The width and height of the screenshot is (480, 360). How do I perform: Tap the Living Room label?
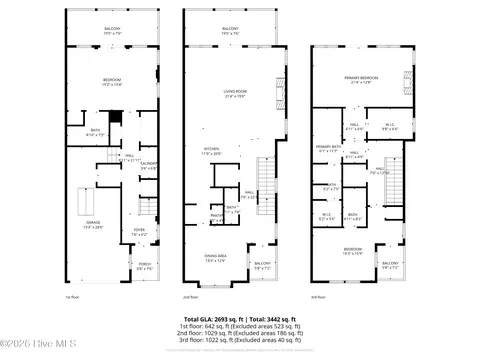point(236,94)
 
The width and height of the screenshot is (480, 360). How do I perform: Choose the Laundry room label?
point(150,165)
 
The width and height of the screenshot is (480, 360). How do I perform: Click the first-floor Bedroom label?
point(111,83)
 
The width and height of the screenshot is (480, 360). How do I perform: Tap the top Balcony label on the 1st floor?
point(111,30)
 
